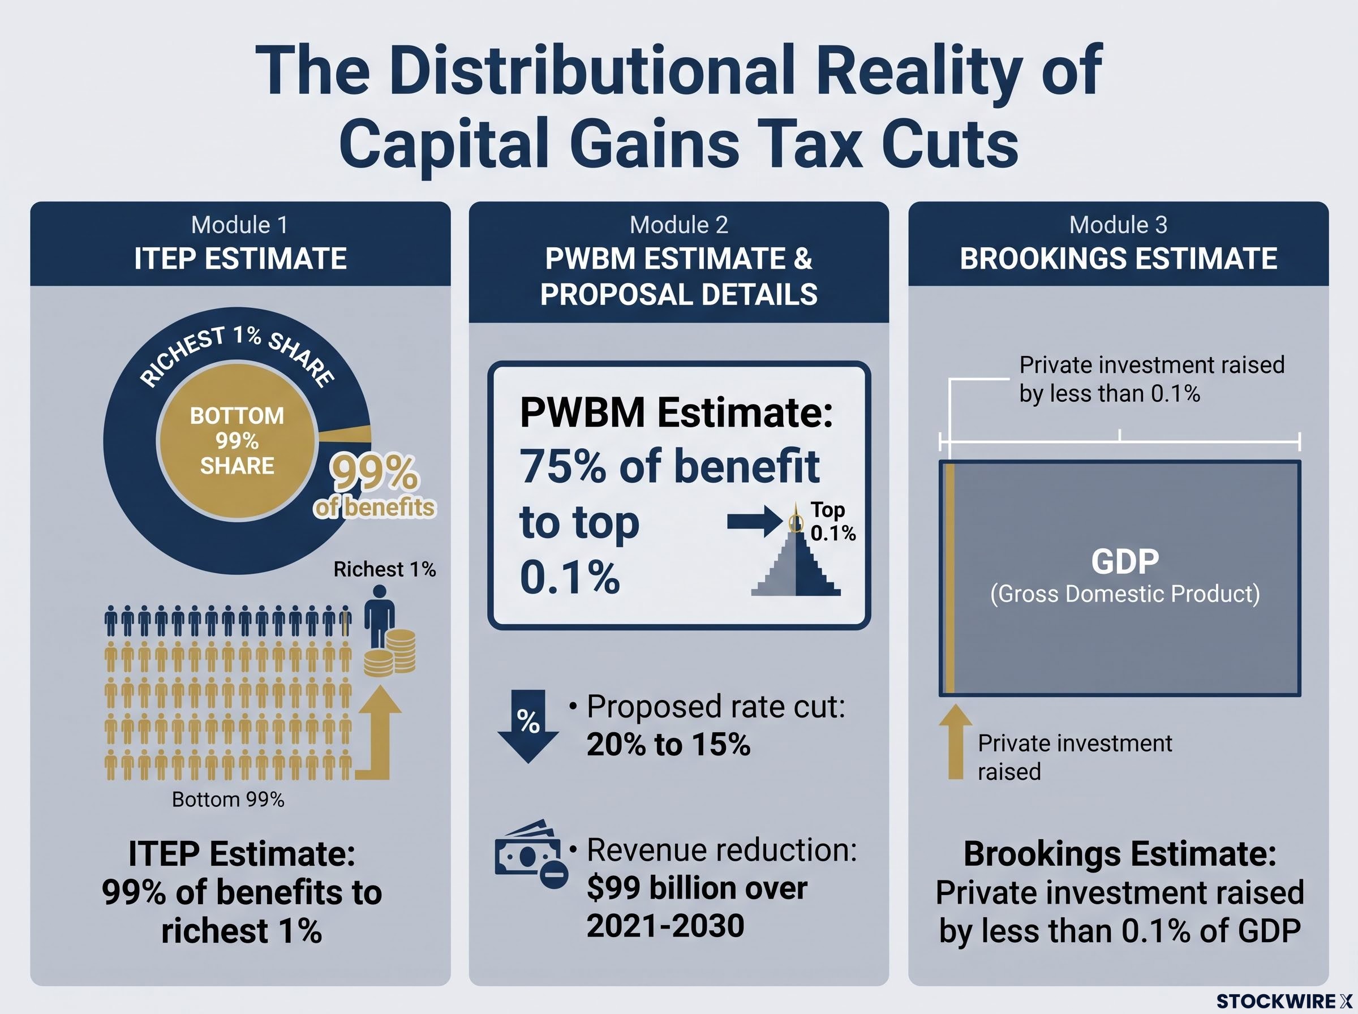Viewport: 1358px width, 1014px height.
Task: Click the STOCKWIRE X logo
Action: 1284,1001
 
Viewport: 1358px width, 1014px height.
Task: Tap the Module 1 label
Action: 239,225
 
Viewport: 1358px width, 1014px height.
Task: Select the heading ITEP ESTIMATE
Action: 240,259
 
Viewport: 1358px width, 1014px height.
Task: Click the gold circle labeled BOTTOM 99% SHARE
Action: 238,441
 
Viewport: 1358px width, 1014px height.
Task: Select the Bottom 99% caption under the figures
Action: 228,799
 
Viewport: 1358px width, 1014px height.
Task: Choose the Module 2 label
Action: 678,225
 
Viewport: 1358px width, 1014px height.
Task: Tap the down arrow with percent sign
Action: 528,726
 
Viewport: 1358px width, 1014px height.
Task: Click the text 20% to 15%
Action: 668,745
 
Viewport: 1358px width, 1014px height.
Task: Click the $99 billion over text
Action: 697,888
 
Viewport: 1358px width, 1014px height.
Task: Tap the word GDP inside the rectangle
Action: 1125,561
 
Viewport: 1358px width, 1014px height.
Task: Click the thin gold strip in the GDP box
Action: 949,578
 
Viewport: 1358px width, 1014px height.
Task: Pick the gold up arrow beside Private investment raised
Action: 956,741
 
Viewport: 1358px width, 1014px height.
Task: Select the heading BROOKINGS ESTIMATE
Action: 1118,259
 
